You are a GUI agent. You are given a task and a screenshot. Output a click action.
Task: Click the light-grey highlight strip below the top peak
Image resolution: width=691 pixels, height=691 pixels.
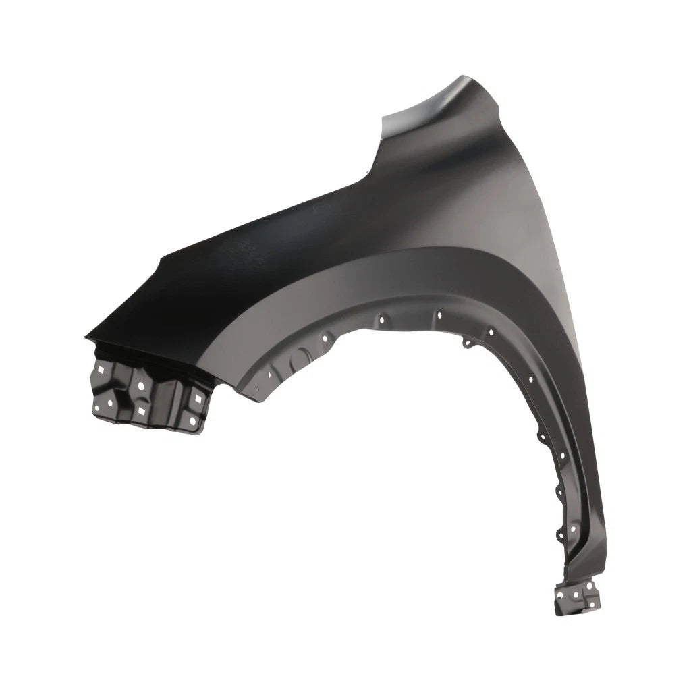(439, 101)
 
